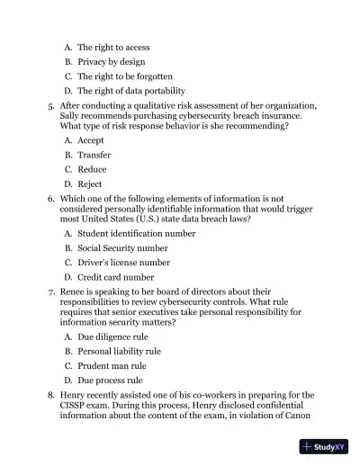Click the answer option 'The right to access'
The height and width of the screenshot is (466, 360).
(113, 47)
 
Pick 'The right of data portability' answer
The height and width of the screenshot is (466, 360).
(131, 91)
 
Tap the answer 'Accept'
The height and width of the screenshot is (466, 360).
(91, 140)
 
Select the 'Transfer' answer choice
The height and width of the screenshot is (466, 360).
(94, 155)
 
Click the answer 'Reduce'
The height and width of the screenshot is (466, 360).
(92, 169)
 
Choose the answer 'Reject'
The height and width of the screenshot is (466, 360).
(90, 184)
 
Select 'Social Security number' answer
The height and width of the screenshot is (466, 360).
(122, 247)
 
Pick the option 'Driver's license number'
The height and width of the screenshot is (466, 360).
(123, 262)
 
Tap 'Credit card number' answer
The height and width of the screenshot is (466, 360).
(116, 277)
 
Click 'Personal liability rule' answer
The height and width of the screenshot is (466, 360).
(120, 351)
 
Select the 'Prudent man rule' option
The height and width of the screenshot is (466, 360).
(112, 366)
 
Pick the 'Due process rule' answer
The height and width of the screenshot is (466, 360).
(110, 381)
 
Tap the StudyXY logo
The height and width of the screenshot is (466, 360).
(325, 447)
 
